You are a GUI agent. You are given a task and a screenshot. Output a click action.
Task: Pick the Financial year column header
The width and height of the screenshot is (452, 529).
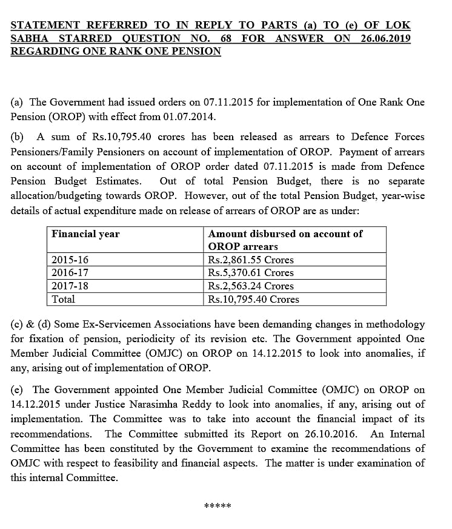tap(85, 234)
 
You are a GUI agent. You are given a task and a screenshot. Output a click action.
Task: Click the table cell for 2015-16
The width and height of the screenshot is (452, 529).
tap(70, 260)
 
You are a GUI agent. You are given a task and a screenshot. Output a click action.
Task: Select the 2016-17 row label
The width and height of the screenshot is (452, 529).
tap(70, 273)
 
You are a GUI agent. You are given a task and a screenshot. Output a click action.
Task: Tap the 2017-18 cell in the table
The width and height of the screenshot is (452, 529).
tap(70, 286)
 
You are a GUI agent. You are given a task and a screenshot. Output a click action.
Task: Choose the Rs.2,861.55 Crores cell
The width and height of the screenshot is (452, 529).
tap(250, 260)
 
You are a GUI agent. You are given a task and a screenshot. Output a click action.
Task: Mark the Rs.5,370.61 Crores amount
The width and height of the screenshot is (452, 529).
tap(250, 273)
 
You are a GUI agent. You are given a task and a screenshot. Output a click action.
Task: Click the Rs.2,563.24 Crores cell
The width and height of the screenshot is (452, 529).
tap(250, 286)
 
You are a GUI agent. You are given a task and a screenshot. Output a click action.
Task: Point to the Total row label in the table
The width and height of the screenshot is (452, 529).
tap(64, 299)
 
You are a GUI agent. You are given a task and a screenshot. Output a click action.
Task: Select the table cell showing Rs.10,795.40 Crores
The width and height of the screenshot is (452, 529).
tap(253, 299)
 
